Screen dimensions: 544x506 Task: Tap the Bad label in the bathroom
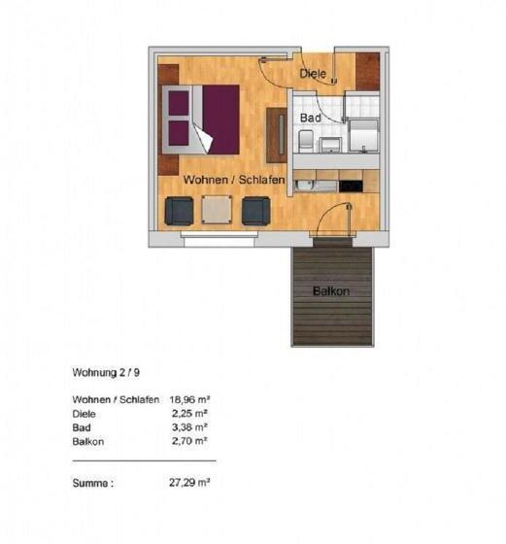(x=311, y=117)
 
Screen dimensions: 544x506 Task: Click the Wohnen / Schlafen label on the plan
(x=234, y=181)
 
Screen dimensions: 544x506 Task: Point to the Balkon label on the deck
(x=331, y=290)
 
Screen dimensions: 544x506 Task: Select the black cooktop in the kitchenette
(x=350, y=185)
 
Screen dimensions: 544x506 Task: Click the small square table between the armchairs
(x=217, y=210)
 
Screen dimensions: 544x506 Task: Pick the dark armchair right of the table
(x=255, y=210)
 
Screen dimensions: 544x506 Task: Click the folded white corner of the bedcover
(x=202, y=139)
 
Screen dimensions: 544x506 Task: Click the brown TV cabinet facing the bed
(x=275, y=133)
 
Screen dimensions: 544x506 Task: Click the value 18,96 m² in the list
(x=190, y=399)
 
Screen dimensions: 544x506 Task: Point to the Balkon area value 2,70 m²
(x=195, y=441)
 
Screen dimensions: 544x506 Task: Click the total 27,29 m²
(x=190, y=481)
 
